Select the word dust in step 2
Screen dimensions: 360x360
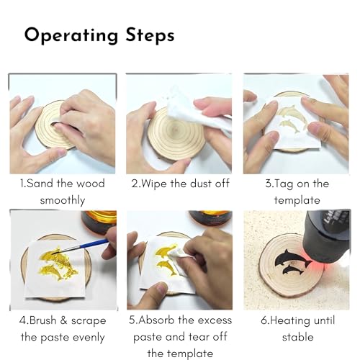(x=199, y=184)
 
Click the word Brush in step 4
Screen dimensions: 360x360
(x=45, y=320)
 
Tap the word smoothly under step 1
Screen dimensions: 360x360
(x=63, y=200)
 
